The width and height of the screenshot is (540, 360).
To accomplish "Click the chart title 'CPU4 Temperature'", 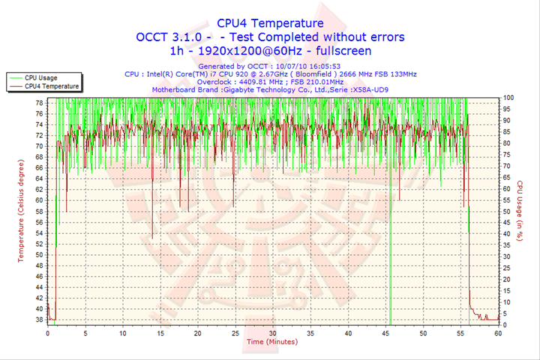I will [x=270, y=22].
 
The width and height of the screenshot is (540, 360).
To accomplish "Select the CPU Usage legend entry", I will [x=40, y=77].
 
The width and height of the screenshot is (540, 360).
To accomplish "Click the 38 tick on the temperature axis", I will [x=38, y=319].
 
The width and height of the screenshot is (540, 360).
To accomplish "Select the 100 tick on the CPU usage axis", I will [x=508, y=97].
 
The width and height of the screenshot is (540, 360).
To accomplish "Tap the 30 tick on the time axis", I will [x=272, y=334].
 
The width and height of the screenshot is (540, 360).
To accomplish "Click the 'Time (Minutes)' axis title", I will [x=271, y=342].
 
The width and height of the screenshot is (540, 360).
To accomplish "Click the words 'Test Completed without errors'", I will [x=317, y=37].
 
